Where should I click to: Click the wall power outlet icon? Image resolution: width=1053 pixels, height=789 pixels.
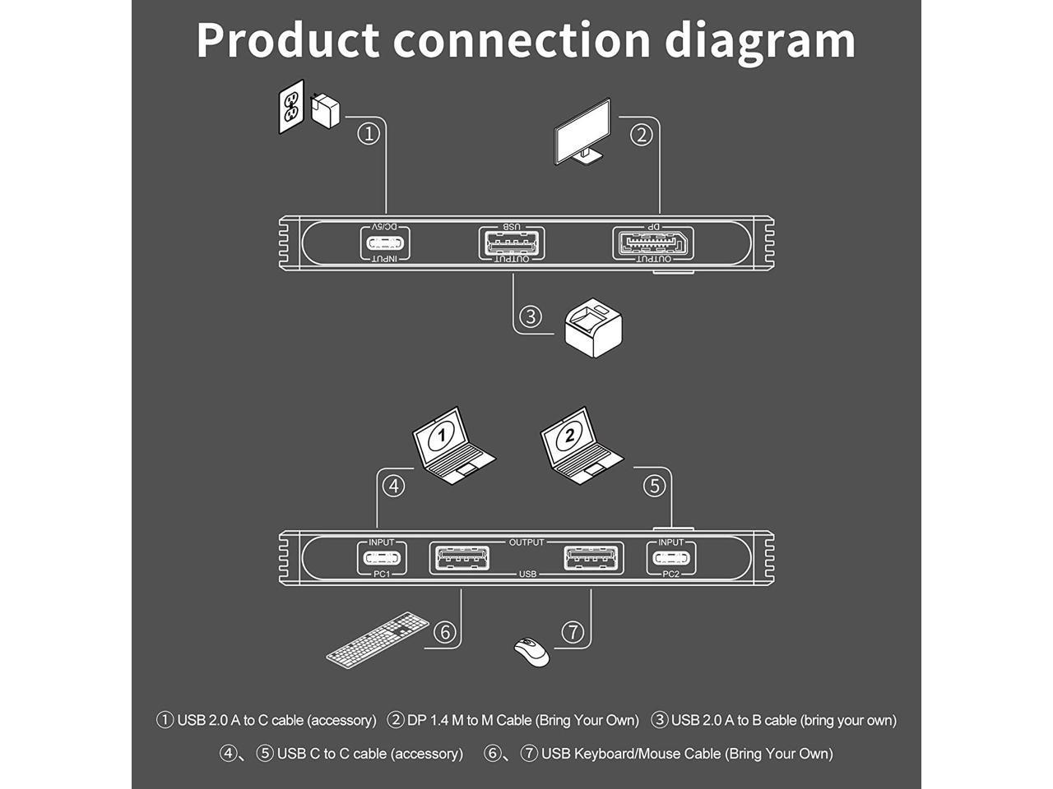pyautogui.click(x=291, y=106)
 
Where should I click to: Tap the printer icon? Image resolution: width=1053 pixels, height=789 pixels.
pyautogui.click(x=593, y=328)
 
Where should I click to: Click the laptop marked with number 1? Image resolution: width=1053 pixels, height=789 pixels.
pyautogui.click(x=452, y=445)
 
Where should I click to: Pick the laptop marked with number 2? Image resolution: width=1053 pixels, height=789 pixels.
pyautogui.click(x=582, y=445)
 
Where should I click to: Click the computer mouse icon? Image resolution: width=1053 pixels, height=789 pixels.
pyautogui.click(x=531, y=652)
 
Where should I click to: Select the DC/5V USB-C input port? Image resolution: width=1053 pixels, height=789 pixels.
pyautogui.click(x=385, y=243)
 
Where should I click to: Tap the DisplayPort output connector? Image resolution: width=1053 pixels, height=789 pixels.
pyautogui.click(x=653, y=243)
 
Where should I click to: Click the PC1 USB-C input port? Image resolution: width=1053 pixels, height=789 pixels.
pyautogui.click(x=382, y=558)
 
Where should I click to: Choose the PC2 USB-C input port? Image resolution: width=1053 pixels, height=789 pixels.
pyautogui.click(x=671, y=558)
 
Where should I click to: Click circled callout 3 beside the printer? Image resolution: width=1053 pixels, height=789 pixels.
pyautogui.click(x=530, y=316)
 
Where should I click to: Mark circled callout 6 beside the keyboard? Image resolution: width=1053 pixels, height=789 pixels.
pyautogui.click(x=445, y=632)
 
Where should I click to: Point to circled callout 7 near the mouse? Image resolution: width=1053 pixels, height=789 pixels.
pyautogui.click(x=573, y=632)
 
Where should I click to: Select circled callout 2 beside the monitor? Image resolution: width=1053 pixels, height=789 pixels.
pyautogui.click(x=642, y=135)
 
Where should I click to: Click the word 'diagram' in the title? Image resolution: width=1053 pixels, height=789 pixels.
pyautogui.click(x=760, y=42)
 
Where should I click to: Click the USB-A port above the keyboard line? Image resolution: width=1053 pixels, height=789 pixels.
pyautogui.click(x=461, y=558)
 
